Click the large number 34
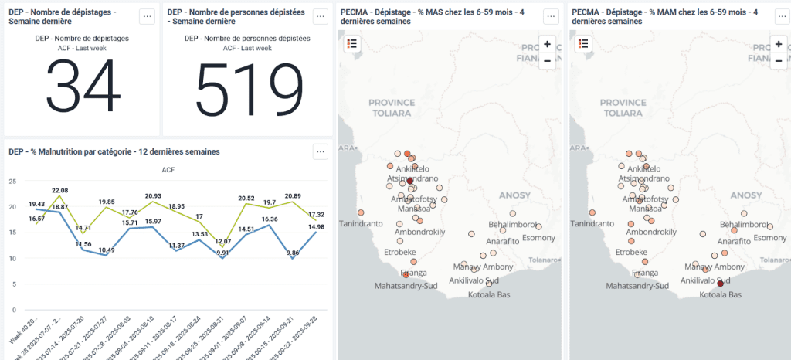(x=81, y=86)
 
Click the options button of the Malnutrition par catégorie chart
(x=321, y=152)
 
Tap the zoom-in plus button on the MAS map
(x=547, y=44)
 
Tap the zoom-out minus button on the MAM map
(x=779, y=60)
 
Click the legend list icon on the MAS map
(x=352, y=44)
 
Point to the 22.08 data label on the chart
(x=59, y=190)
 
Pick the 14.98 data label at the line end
(x=315, y=226)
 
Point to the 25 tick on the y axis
(x=12, y=182)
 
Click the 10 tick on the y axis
(x=12, y=258)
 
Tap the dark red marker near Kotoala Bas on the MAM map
(x=720, y=284)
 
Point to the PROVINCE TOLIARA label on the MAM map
(x=623, y=107)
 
